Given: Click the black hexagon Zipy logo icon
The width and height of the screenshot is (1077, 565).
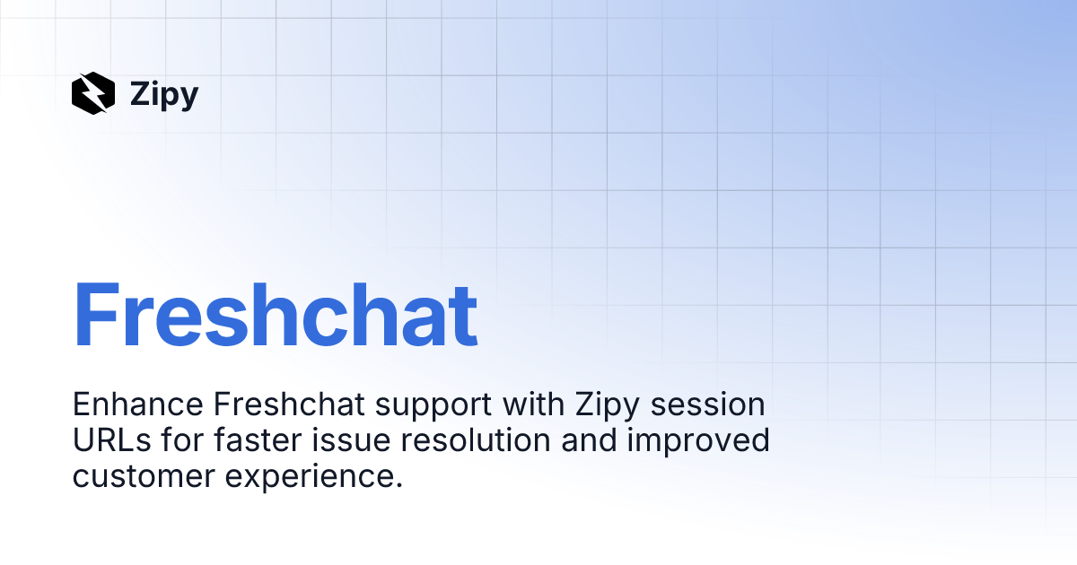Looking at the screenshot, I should tap(93, 93).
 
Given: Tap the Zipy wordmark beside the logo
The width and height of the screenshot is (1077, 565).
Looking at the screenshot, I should tap(164, 94).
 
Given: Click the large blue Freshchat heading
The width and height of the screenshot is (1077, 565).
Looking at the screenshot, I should tap(275, 316).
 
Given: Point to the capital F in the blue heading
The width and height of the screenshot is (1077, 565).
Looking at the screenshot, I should tap(98, 316).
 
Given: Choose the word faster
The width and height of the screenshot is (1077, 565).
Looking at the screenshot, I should tap(247, 441).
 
